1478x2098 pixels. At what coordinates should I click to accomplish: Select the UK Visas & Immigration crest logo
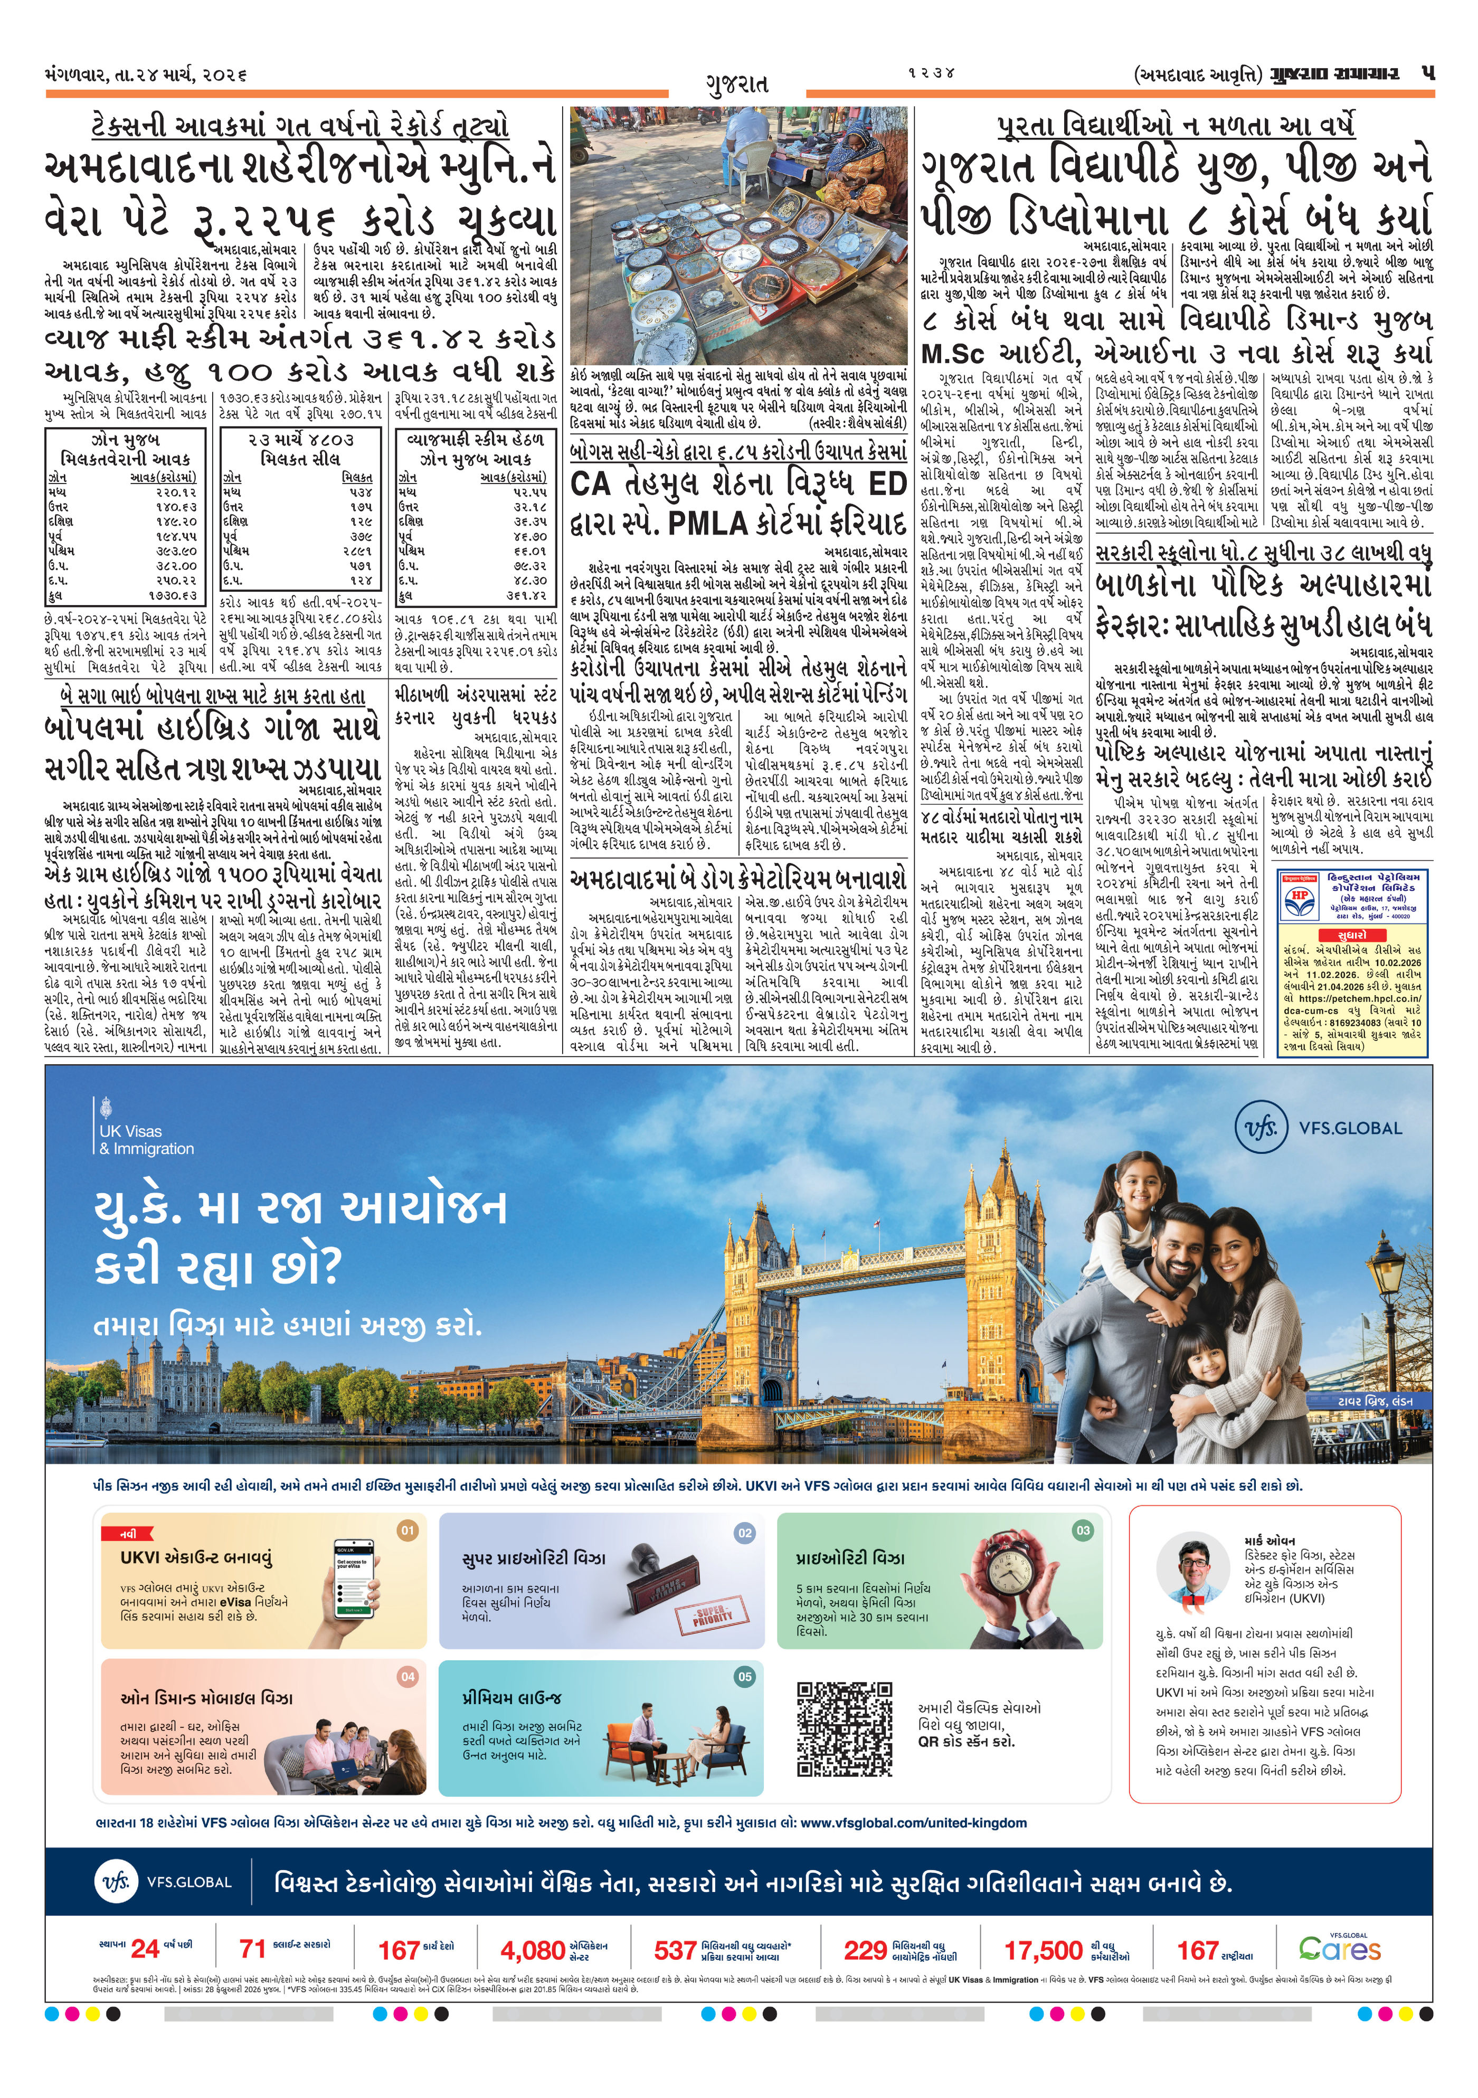click(x=105, y=1108)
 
